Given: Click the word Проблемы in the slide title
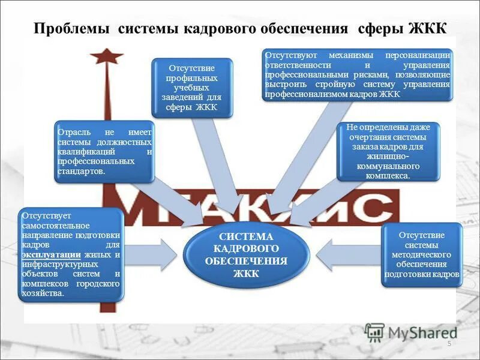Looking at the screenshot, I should (x=71, y=28).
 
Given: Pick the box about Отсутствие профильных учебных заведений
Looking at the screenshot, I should (x=191, y=88).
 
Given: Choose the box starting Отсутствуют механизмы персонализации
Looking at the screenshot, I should (x=357, y=74).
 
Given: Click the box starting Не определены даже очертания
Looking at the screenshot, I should (x=388, y=152).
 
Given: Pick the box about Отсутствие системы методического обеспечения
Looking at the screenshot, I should (x=422, y=254).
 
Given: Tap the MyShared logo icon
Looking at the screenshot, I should (x=374, y=332).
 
